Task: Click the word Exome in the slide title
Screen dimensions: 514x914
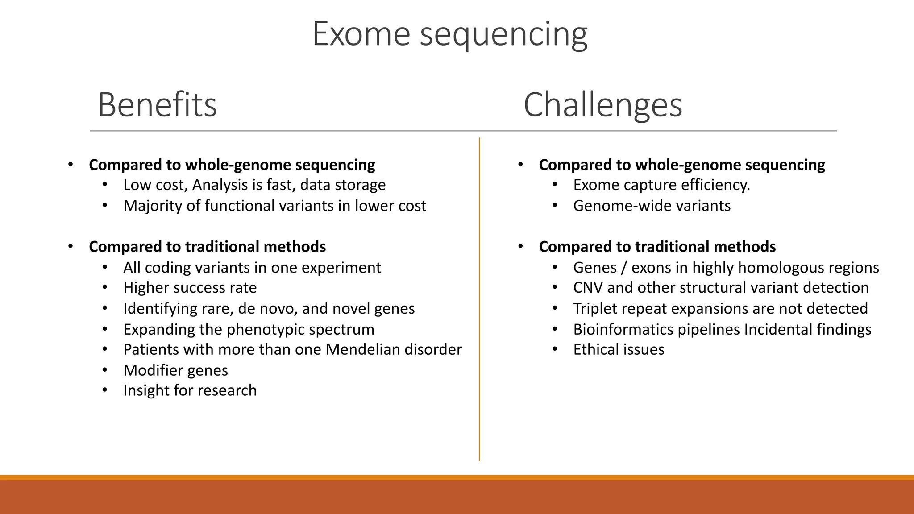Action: coord(361,34)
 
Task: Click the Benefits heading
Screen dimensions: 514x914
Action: coord(157,104)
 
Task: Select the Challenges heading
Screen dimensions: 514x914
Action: coord(602,104)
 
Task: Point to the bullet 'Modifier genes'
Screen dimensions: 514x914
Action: coord(175,370)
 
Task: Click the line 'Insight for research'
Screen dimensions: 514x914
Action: coord(190,390)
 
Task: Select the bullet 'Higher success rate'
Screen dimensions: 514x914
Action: coord(190,288)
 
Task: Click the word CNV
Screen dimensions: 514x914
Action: coord(588,288)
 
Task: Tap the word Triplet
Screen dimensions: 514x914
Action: coord(596,309)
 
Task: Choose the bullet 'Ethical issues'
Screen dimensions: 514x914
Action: coord(619,349)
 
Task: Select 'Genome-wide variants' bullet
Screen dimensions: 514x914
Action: coord(652,206)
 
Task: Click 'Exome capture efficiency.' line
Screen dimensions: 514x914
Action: coord(661,185)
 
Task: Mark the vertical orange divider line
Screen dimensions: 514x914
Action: coord(479,299)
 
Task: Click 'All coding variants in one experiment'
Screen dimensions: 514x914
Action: coord(252,268)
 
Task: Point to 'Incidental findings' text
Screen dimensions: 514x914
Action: coord(807,330)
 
